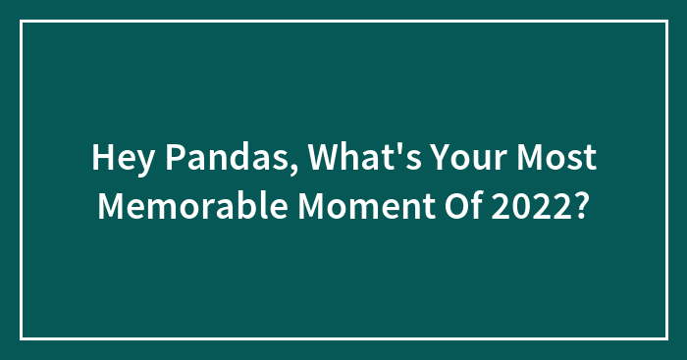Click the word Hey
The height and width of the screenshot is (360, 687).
120,158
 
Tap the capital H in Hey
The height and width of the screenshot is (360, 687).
102,158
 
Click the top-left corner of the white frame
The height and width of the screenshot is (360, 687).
22,22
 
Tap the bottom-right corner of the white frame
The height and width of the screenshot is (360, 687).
665,338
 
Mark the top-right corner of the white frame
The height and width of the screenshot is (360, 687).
665,22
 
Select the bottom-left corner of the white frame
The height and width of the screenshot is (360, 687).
22,338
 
